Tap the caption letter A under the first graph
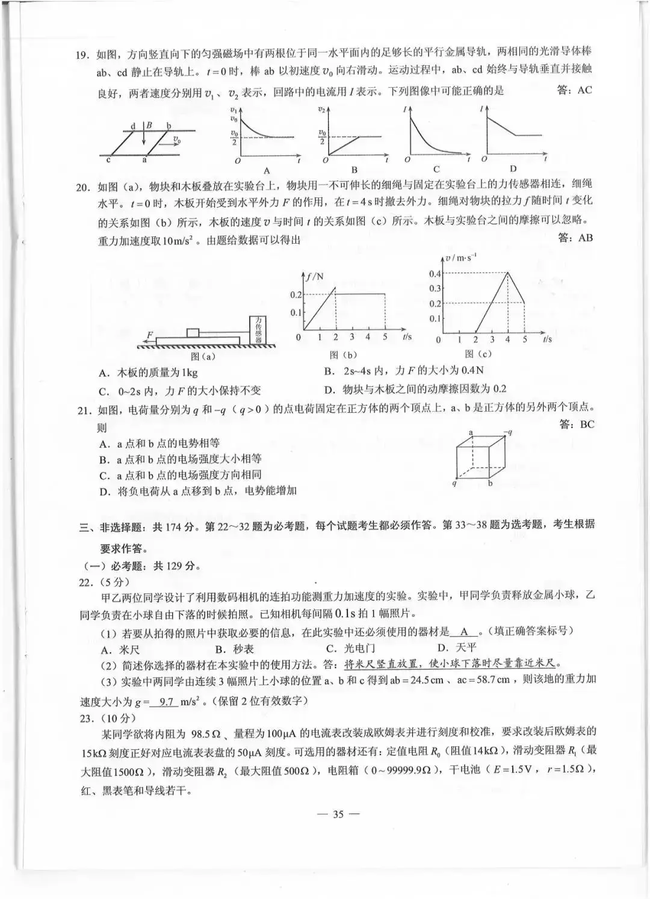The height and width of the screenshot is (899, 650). click(267, 170)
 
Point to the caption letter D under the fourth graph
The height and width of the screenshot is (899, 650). click(513, 168)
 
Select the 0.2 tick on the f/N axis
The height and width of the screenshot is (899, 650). click(296, 294)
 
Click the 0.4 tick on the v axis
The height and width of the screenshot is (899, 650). click(435, 274)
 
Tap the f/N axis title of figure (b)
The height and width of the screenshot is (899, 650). click(315, 276)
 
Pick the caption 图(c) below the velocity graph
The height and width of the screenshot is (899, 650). click(478, 354)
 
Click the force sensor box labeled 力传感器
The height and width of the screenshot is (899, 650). click(259, 330)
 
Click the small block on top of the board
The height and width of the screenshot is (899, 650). click(193, 332)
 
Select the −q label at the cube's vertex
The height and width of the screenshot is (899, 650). click(507, 431)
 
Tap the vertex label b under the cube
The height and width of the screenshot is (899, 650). click(490, 483)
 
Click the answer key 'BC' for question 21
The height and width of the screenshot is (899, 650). click(577, 424)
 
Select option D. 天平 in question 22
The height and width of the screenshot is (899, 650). click(457, 648)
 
